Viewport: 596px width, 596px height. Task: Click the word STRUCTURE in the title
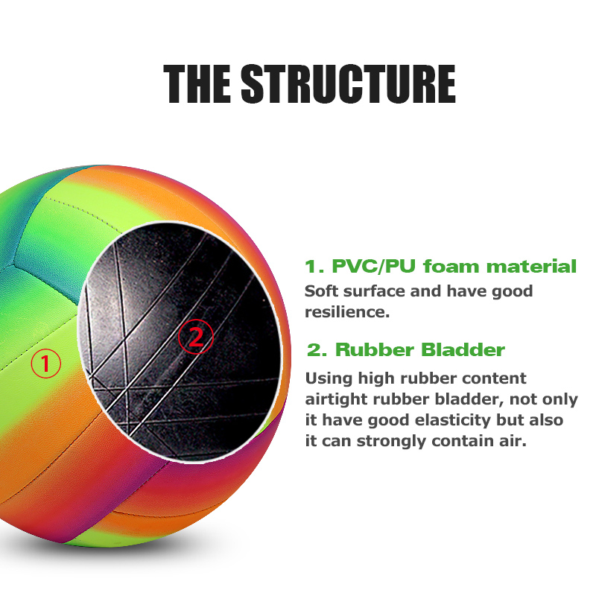[348, 83]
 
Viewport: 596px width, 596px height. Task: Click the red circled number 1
[45, 364]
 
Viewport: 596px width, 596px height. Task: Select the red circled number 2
[195, 337]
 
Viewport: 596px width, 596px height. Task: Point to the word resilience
[346, 312]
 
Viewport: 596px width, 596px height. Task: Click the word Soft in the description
[323, 291]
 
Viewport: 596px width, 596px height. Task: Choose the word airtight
[336, 400]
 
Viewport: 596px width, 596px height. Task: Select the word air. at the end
[514, 442]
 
